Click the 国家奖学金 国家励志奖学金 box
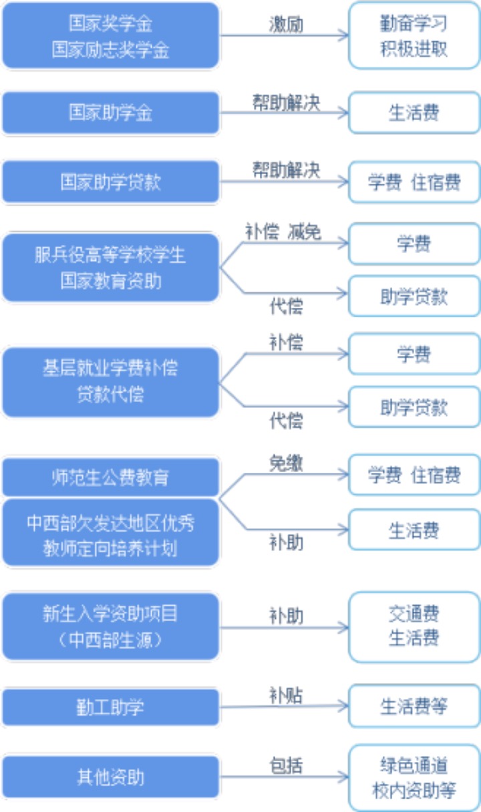click(x=111, y=36)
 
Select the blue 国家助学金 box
click(x=111, y=113)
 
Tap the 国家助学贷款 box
click(x=111, y=182)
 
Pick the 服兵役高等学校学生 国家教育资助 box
click(x=111, y=268)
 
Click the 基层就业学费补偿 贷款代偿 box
click(x=111, y=381)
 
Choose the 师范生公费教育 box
click(x=111, y=477)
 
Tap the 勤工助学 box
click(x=111, y=707)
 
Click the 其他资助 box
click(x=111, y=777)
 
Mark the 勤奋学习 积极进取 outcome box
click(x=414, y=36)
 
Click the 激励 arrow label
click(x=286, y=25)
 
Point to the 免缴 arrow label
click(x=286, y=463)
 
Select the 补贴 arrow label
click(x=286, y=695)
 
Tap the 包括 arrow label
click(x=286, y=765)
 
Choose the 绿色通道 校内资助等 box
click(x=414, y=777)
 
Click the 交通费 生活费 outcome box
click(x=414, y=626)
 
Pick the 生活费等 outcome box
click(x=414, y=706)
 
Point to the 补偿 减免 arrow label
click(x=284, y=231)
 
